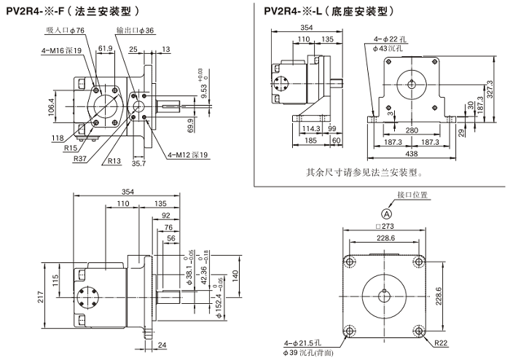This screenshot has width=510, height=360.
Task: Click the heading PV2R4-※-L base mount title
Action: point(332,11)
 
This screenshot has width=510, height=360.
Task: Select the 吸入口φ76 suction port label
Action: point(65,30)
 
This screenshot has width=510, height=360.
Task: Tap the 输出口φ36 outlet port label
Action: point(135,30)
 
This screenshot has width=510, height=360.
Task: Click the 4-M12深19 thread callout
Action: point(188,154)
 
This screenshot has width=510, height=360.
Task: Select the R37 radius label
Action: point(81,158)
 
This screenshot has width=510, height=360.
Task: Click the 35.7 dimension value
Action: point(138,164)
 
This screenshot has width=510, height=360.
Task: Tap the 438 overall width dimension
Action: point(412,155)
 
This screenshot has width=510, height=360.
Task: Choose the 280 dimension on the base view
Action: point(412,130)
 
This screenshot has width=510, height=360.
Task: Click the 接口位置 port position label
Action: point(412,195)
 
